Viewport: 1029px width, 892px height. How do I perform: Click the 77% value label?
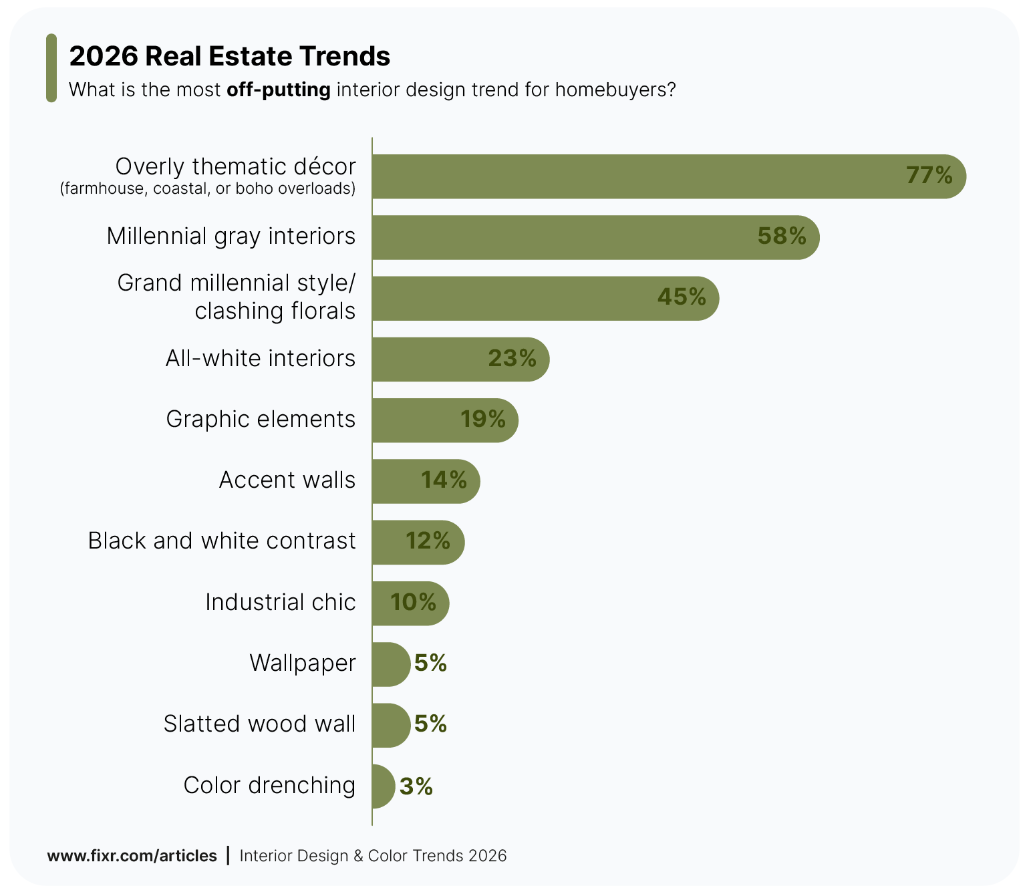pyautogui.click(x=929, y=176)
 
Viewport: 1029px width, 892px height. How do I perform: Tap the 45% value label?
pyautogui.click(x=682, y=297)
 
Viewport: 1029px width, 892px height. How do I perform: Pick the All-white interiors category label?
pyautogui.click(x=261, y=359)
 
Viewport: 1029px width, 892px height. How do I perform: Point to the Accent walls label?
pyautogui.click(x=287, y=480)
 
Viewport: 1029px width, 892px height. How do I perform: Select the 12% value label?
pyautogui.click(x=428, y=541)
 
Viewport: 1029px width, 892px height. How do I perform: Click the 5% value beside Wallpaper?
pyautogui.click(x=430, y=663)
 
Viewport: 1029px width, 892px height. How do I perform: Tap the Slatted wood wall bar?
pyautogui.click(x=390, y=725)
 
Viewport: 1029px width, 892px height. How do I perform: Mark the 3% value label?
pyautogui.click(x=416, y=786)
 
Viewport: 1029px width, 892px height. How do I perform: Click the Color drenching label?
pyautogui.click(x=269, y=786)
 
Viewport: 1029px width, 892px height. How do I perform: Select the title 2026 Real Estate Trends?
pyautogui.click(x=229, y=57)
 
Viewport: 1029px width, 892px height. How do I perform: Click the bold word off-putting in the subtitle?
pyautogui.click(x=279, y=90)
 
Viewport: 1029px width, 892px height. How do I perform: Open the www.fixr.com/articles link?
pyautogui.click(x=132, y=856)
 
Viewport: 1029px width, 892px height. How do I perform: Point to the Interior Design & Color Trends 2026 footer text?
pyautogui.click(x=373, y=856)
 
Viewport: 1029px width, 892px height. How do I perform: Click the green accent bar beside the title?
pyautogui.click(x=51, y=68)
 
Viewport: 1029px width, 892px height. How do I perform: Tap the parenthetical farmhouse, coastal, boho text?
pyautogui.click(x=208, y=189)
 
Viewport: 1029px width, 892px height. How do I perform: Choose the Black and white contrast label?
pyautogui.click(x=222, y=541)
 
